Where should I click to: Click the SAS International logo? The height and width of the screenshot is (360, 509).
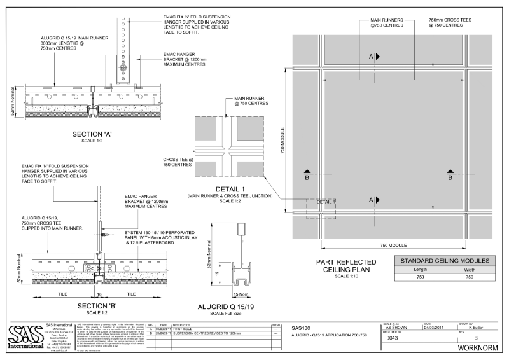pos(26,335)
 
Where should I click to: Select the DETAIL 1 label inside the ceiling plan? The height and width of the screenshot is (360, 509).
pos(324,201)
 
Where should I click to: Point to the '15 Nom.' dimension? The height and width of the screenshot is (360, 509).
pos(242,294)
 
